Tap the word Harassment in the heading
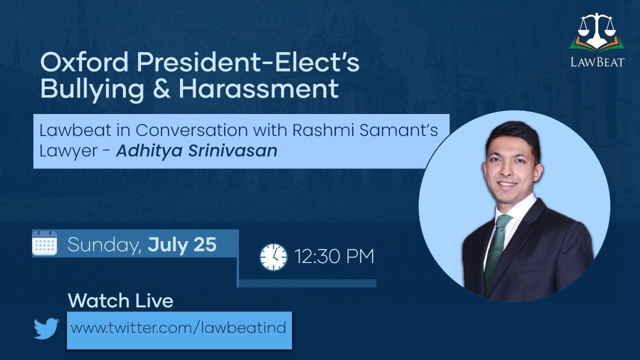(259, 88)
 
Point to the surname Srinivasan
(232, 150)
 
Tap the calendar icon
(44, 242)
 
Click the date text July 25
(182, 244)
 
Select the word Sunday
(104, 245)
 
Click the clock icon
(273, 257)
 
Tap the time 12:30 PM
(334, 256)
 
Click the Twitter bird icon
(46, 328)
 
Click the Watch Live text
(120, 301)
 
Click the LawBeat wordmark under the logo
(597, 61)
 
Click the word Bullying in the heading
(92, 89)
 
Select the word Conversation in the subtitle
(191, 130)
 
